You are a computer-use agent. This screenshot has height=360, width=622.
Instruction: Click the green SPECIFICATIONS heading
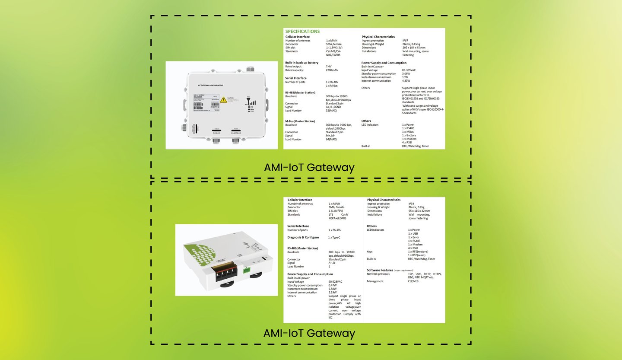pyautogui.click(x=302, y=32)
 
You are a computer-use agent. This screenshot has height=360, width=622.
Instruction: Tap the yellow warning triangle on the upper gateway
pyautogui.click(x=223, y=100)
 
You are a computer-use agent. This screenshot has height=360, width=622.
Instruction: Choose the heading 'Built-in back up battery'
pyautogui.click(x=301, y=63)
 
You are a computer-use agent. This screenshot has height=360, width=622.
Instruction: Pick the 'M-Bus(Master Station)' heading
pyautogui.click(x=300, y=121)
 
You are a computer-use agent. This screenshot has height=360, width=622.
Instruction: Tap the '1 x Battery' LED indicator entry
pyautogui.click(x=409, y=135)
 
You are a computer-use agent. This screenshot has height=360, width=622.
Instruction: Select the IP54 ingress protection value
pyautogui.click(x=413, y=204)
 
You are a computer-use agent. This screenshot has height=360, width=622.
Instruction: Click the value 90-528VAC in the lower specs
pyautogui.click(x=335, y=281)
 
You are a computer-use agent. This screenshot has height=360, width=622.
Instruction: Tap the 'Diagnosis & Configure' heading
pyautogui.click(x=303, y=237)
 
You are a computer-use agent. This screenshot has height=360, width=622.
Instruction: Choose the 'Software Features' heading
pyautogui.click(x=380, y=270)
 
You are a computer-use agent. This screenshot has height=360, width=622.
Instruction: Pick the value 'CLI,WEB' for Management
pyautogui.click(x=413, y=281)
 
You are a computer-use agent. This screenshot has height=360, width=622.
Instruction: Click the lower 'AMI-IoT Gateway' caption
pyautogui.click(x=309, y=333)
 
